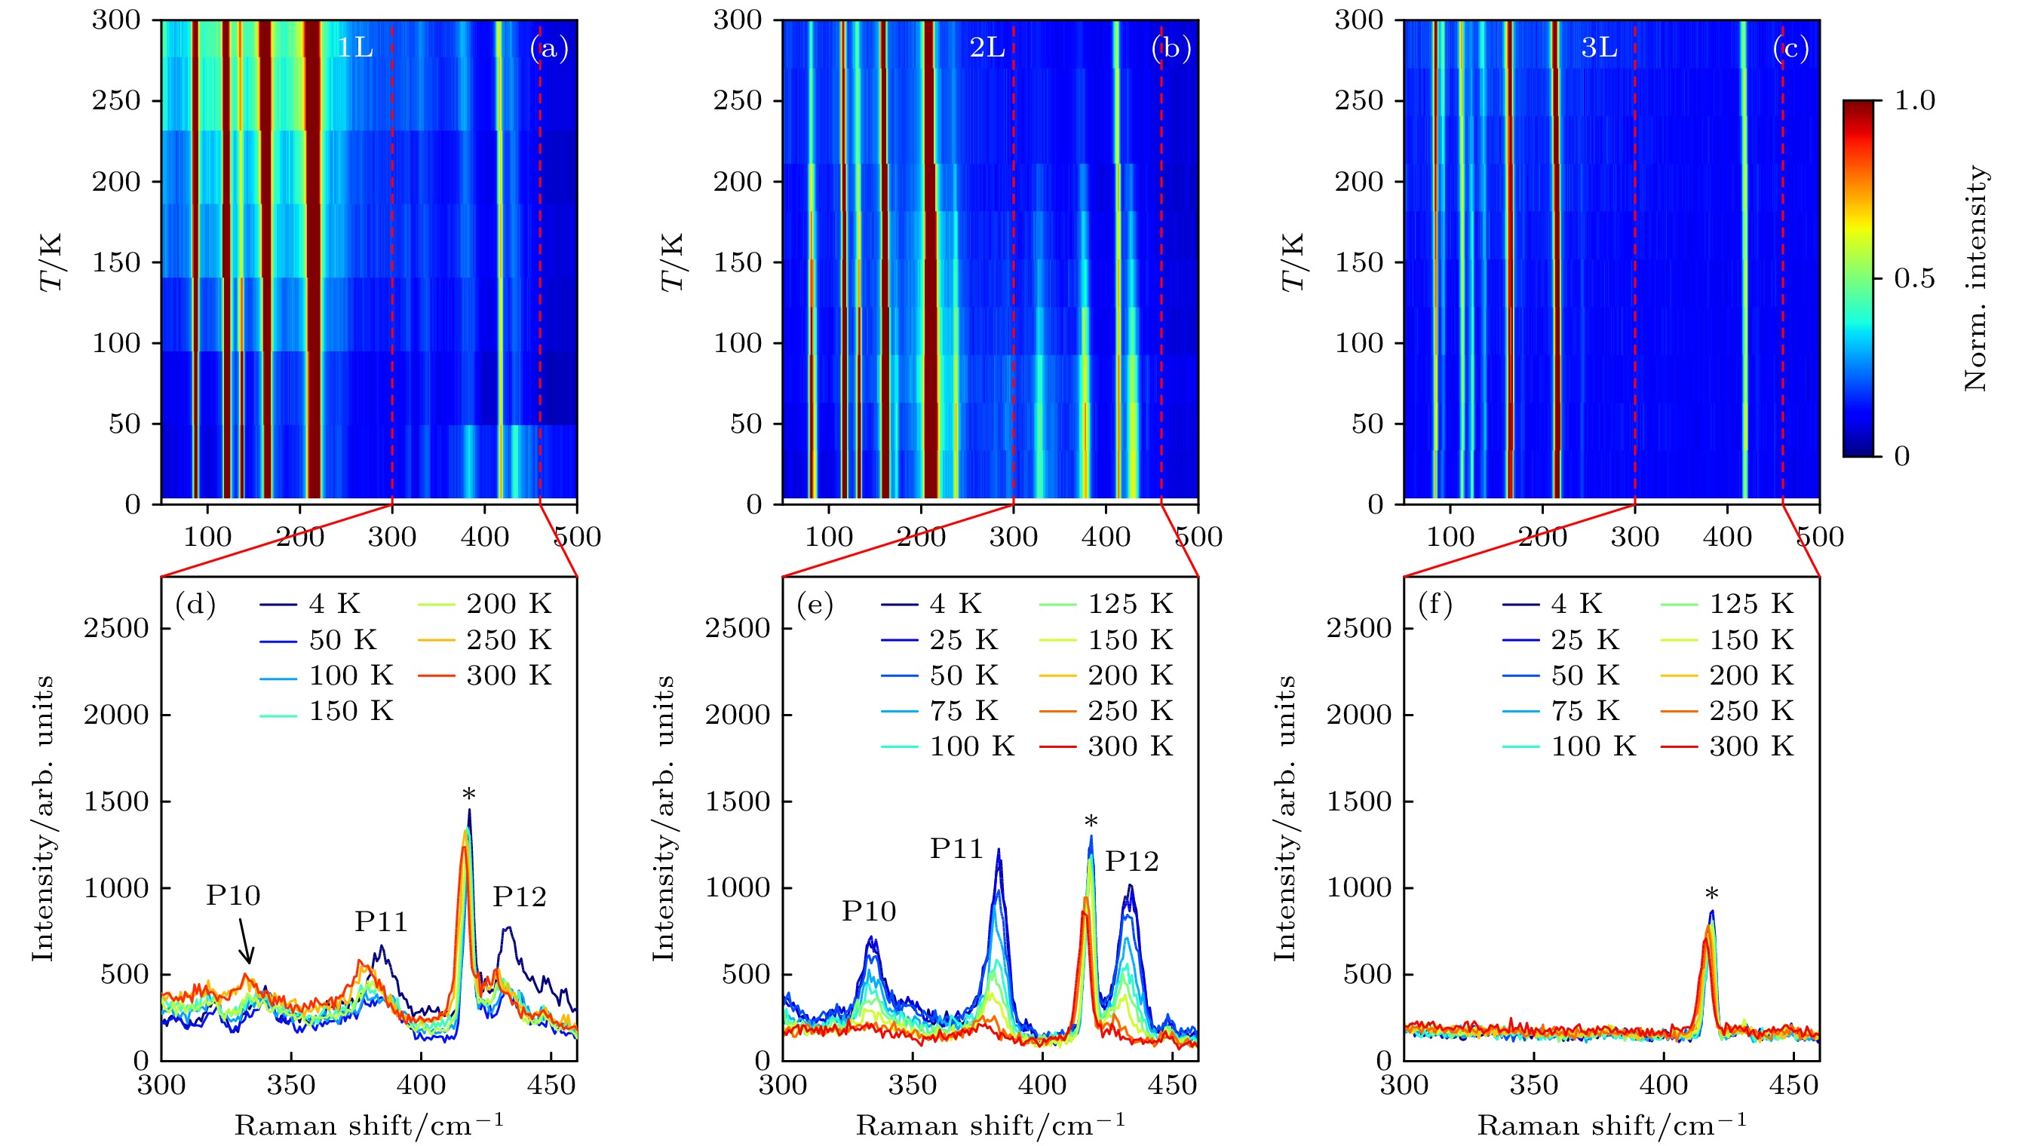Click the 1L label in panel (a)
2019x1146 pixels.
pyautogui.click(x=354, y=48)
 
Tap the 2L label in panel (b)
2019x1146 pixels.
pyautogui.click(x=987, y=48)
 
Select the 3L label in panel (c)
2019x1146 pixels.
pyautogui.click(x=1599, y=48)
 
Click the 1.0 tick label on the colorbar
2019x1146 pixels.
pyautogui.click(x=1913, y=101)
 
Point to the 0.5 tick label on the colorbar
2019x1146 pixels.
pyautogui.click(x=1913, y=279)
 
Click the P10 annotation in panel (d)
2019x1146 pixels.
pyautogui.click(x=233, y=896)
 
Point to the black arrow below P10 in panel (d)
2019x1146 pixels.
pyautogui.click(x=246, y=942)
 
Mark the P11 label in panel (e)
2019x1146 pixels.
pyautogui.click(x=956, y=848)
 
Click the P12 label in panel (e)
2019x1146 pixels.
pyautogui.click(x=1132, y=862)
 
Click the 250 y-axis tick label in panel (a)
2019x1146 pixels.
pyautogui.click(x=115, y=101)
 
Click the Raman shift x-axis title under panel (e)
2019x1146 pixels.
pyautogui.click(x=990, y=1125)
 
